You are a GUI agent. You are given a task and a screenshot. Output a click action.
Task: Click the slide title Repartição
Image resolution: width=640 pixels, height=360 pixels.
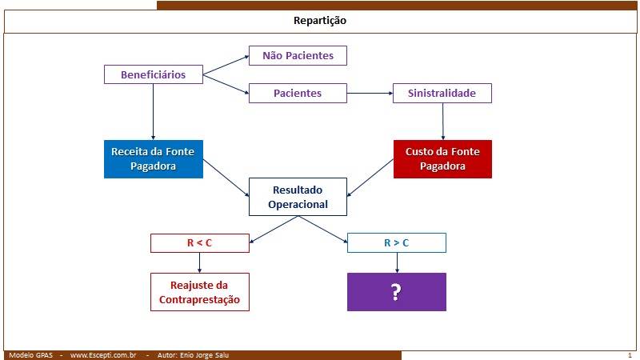319,21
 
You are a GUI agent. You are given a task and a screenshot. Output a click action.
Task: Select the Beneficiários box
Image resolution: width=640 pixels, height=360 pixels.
154,74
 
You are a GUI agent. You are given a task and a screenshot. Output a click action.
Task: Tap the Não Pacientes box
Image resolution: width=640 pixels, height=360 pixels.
298,55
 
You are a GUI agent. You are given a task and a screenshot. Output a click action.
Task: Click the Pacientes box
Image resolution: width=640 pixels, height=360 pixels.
298,93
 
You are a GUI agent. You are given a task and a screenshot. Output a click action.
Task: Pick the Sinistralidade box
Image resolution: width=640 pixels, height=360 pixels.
442,93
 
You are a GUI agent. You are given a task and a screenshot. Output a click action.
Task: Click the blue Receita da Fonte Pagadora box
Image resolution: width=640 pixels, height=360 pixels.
154,159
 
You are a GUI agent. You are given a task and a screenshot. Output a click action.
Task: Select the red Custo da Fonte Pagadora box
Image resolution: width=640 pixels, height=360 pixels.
442,159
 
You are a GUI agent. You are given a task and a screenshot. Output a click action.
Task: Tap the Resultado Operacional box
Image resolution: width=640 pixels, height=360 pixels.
298,197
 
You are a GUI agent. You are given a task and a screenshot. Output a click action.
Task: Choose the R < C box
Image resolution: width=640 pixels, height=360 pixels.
199,243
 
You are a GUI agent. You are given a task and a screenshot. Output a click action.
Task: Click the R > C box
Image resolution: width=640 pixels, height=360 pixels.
397,243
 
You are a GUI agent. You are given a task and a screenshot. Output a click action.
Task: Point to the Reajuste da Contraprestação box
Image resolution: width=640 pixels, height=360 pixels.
199,292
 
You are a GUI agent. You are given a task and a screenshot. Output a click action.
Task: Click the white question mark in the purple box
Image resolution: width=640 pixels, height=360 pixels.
396,292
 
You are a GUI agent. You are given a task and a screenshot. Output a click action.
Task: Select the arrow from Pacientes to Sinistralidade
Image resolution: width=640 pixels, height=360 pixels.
370,93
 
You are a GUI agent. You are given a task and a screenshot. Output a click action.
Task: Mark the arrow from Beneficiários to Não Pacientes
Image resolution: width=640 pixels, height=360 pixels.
226,66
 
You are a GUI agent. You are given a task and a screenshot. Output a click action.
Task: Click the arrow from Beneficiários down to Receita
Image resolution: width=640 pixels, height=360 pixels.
153,112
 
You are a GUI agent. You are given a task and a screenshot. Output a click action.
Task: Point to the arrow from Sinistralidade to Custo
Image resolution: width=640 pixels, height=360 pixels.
443,122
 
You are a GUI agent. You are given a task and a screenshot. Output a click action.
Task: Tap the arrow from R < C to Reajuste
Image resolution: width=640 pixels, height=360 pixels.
199,262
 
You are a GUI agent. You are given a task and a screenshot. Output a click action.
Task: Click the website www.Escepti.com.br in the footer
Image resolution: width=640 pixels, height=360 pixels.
103,355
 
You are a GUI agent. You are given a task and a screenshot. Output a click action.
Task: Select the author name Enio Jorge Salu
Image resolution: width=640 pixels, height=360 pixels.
205,355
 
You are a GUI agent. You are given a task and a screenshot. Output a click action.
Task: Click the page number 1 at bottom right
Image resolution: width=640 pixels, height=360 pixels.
630,355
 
